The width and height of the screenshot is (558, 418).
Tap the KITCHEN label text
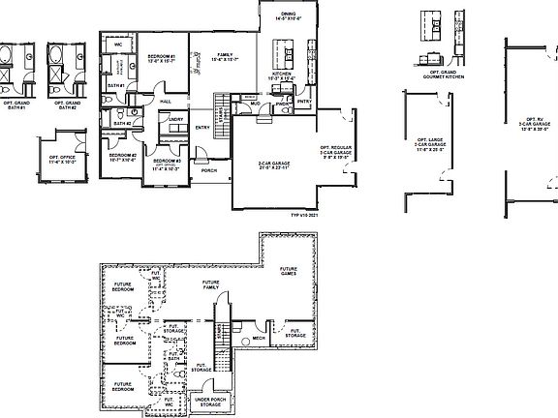pos(281,74)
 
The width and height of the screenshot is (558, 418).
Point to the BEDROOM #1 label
pos(161,58)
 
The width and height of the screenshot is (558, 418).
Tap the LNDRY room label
pos(176,119)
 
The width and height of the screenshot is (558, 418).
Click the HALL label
pos(166,100)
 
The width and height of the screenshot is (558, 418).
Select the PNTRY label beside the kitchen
pos(304,101)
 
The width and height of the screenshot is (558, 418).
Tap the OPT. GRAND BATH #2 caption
pos(67,103)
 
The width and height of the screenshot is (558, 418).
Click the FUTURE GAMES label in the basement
pos(289,272)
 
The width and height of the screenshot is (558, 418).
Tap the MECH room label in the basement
pos(259,339)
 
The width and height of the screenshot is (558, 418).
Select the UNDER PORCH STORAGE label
pos(211,400)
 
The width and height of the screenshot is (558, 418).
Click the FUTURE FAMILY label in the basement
pos(211,286)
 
